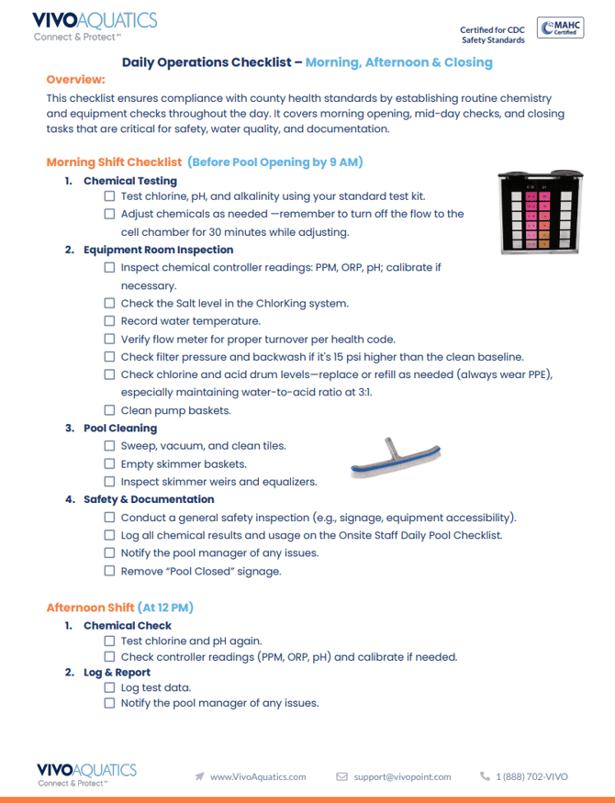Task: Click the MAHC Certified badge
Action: pyautogui.click(x=558, y=28)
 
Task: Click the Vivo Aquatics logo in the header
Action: pyautogui.click(x=95, y=27)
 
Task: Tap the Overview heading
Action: pyautogui.click(x=75, y=80)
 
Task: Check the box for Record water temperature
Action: pyautogui.click(x=110, y=321)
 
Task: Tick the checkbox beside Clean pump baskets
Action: pyautogui.click(x=110, y=410)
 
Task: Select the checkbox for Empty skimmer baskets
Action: pyautogui.click(x=110, y=463)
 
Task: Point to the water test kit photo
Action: pyautogui.click(x=537, y=213)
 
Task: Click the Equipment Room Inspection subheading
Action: pyautogui.click(x=158, y=250)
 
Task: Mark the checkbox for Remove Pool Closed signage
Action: pyautogui.click(x=110, y=571)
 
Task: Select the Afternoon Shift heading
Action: pyautogui.click(x=119, y=608)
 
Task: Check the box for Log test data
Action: pyautogui.click(x=110, y=687)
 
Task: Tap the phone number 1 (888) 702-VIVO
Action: pyautogui.click(x=531, y=776)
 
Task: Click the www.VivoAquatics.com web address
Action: pyautogui.click(x=258, y=776)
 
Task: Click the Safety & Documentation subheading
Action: pyautogui.click(x=149, y=499)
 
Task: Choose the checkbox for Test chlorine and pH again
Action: pyautogui.click(x=110, y=641)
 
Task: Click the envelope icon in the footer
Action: pyautogui.click(x=342, y=776)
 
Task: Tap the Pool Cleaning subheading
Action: pyautogui.click(x=120, y=428)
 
